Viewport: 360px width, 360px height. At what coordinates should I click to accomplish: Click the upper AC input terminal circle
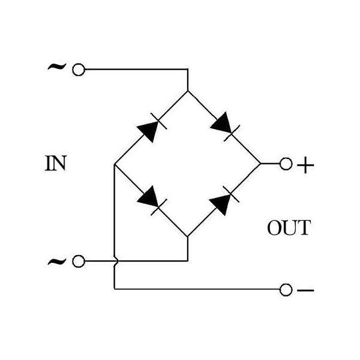click(x=79, y=70)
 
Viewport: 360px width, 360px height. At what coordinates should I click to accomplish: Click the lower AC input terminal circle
click(x=79, y=261)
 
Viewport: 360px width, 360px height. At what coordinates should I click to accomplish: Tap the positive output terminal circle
click(x=286, y=164)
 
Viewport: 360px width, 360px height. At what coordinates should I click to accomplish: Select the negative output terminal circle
click(x=286, y=290)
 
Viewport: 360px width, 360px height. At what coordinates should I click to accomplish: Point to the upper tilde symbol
click(x=57, y=67)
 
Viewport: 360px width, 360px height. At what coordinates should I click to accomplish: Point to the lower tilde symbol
click(x=57, y=261)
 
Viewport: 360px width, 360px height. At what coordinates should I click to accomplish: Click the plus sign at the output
click(x=305, y=165)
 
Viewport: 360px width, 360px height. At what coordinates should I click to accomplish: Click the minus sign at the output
click(x=305, y=290)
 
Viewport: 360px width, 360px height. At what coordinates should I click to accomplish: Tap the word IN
click(x=56, y=163)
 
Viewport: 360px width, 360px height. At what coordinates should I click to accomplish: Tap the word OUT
click(x=289, y=227)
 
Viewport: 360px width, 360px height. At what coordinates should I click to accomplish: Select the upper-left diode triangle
click(x=149, y=131)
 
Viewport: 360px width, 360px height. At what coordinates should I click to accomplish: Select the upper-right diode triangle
click(x=221, y=122)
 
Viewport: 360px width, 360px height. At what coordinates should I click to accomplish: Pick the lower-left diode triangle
click(x=148, y=197)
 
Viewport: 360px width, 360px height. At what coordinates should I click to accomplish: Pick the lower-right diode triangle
click(x=221, y=205)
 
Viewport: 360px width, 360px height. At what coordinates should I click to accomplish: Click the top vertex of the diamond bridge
click(x=188, y=91)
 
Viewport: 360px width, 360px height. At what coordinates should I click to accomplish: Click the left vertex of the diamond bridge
click(x=115, y=164)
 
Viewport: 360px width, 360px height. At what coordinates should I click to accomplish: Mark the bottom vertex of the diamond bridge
click(x=188, y=237)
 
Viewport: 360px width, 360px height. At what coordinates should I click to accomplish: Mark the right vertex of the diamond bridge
click(x=260, y=164)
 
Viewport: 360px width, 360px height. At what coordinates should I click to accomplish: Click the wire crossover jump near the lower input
click(x=116, y=261)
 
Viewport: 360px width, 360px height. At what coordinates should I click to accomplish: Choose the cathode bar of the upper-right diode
click(x=232, y=133)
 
